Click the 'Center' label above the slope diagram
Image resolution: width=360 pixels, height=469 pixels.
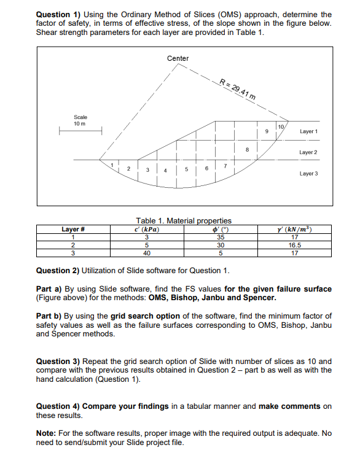[178, 58]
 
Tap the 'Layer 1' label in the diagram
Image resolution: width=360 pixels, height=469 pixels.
[308, 131]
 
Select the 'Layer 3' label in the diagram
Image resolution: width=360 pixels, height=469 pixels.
[308, 174]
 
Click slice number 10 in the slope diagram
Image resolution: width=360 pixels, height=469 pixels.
[280, 126]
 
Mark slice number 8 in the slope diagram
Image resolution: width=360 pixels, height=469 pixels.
[246, 147]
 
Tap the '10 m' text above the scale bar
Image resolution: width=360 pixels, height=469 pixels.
[79, 123]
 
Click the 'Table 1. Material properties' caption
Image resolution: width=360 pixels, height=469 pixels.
[183, 221]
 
